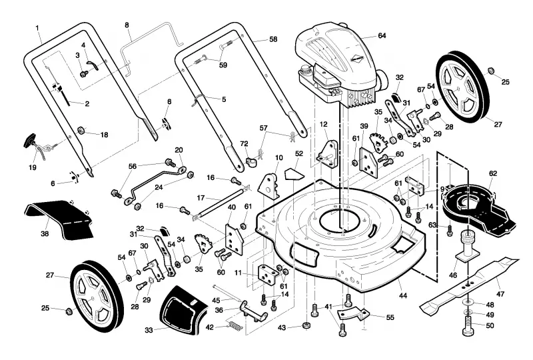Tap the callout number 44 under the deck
pos(402,296)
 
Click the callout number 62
pos(493,173)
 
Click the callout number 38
pos(45,234)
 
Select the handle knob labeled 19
pos(33,142)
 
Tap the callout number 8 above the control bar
pos(127,25)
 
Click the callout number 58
pos(273,39)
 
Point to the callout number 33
pos(149,330)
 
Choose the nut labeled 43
pos(307,325)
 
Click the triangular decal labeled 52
pos(294,173)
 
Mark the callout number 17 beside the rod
pos(201,197)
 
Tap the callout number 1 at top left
pos(37,27)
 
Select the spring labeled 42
pos(235,325)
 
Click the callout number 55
pos(390,317)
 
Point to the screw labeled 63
pos(450,231)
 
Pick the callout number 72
pos(244,144)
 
